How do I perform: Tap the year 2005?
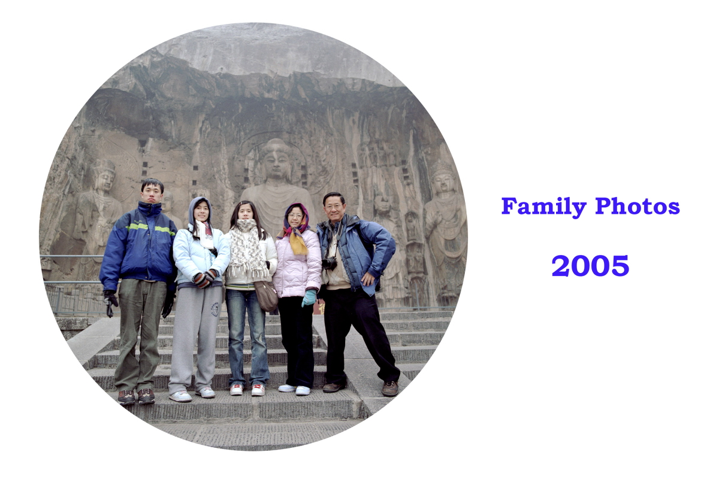point(590,266)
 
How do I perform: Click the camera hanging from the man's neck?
point(330,263)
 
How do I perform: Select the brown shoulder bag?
point(266,296)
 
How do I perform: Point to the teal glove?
point(309,298)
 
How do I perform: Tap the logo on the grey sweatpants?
point(215,310)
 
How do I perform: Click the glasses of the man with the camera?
point(334,207)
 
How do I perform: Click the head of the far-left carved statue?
point(104,176)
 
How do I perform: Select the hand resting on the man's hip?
point(367,278)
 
